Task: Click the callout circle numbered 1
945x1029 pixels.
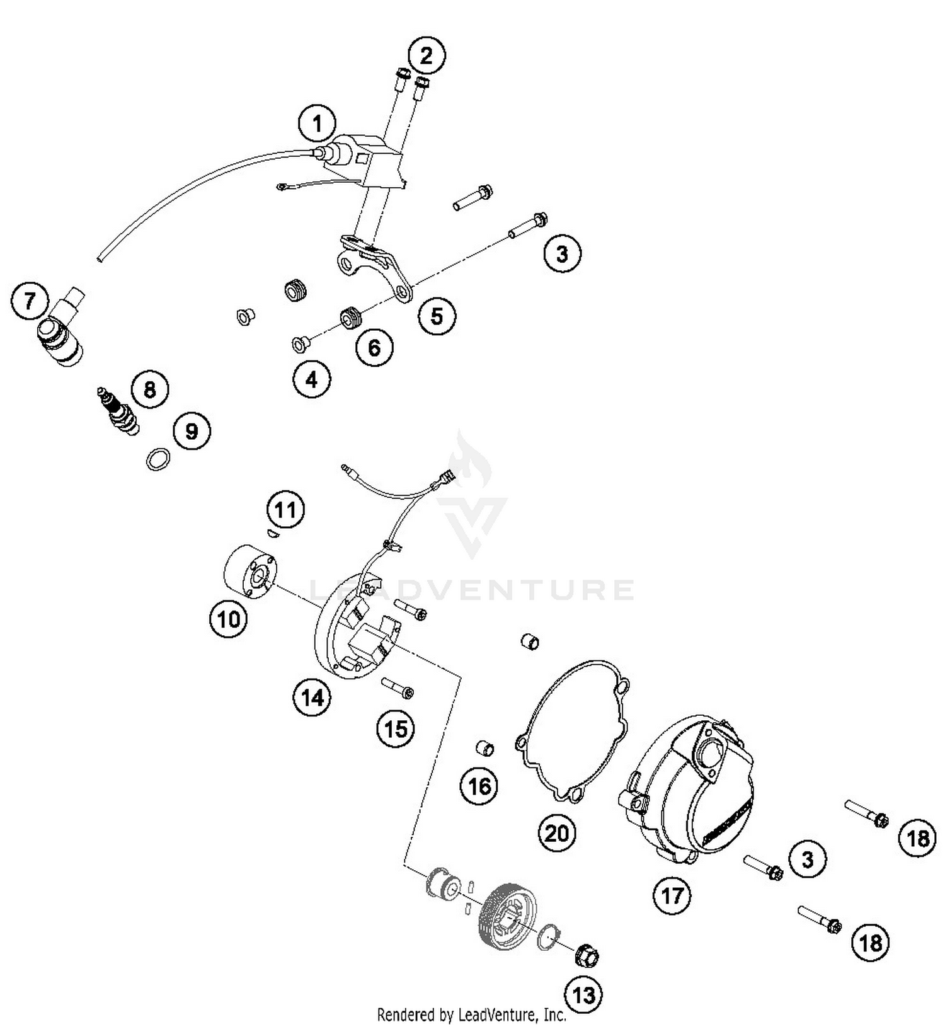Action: point(318,124)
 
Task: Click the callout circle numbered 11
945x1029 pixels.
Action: point(285,509)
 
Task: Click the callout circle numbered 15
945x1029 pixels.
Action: point(396,729)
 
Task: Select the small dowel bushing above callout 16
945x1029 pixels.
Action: point(484,749)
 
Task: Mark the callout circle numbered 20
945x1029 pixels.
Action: point(557,834)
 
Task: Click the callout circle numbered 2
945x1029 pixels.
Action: point(427,55)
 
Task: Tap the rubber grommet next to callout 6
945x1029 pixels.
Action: point(350,317)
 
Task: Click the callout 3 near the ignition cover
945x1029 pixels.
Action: point(808,859)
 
